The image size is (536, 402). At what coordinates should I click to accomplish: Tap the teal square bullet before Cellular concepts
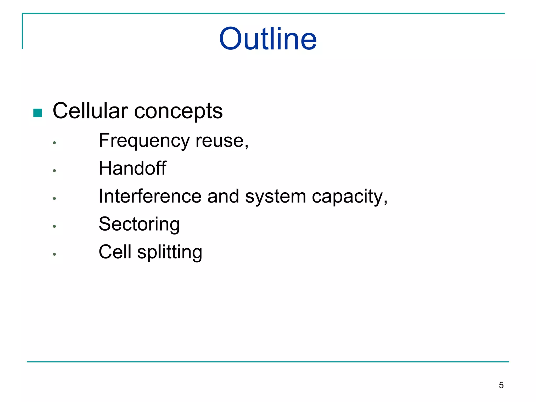tap(38, 113)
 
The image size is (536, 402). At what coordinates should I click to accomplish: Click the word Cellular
tap(90, 111)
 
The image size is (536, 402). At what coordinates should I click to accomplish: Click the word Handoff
tap(132, 168)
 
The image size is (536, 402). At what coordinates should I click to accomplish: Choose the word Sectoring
tap(139, 225)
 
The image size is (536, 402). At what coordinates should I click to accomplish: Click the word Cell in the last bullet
tap(115, 252)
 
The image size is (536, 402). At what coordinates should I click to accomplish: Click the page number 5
tap(501, 385)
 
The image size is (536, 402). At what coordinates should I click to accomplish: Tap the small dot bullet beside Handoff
tap(54, 171)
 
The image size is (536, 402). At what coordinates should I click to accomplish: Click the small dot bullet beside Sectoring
tap(54, 226)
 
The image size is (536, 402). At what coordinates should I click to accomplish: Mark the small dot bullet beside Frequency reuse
tap(54, 143)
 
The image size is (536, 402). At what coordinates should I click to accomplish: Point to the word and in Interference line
tap(223, 196)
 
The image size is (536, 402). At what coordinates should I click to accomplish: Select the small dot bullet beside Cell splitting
tap(54, 254)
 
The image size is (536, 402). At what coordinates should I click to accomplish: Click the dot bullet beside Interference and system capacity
tap(54, 198)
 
